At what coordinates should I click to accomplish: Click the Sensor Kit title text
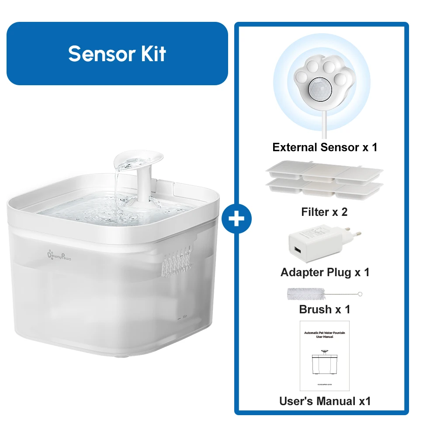coord(117,54)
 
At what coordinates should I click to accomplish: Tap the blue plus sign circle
coord(236,218)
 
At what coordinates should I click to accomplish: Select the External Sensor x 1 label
coord(325,147)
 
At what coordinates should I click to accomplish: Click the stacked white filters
coord(324,180)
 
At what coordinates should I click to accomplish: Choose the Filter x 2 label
coord(324,212)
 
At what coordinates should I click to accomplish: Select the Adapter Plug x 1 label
coord(325,272)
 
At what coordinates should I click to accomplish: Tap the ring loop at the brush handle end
coord(360,294)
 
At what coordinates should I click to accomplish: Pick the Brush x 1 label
coord(325,309)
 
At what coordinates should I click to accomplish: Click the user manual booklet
coord(324,356)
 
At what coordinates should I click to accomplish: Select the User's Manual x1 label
coord(325,401)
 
